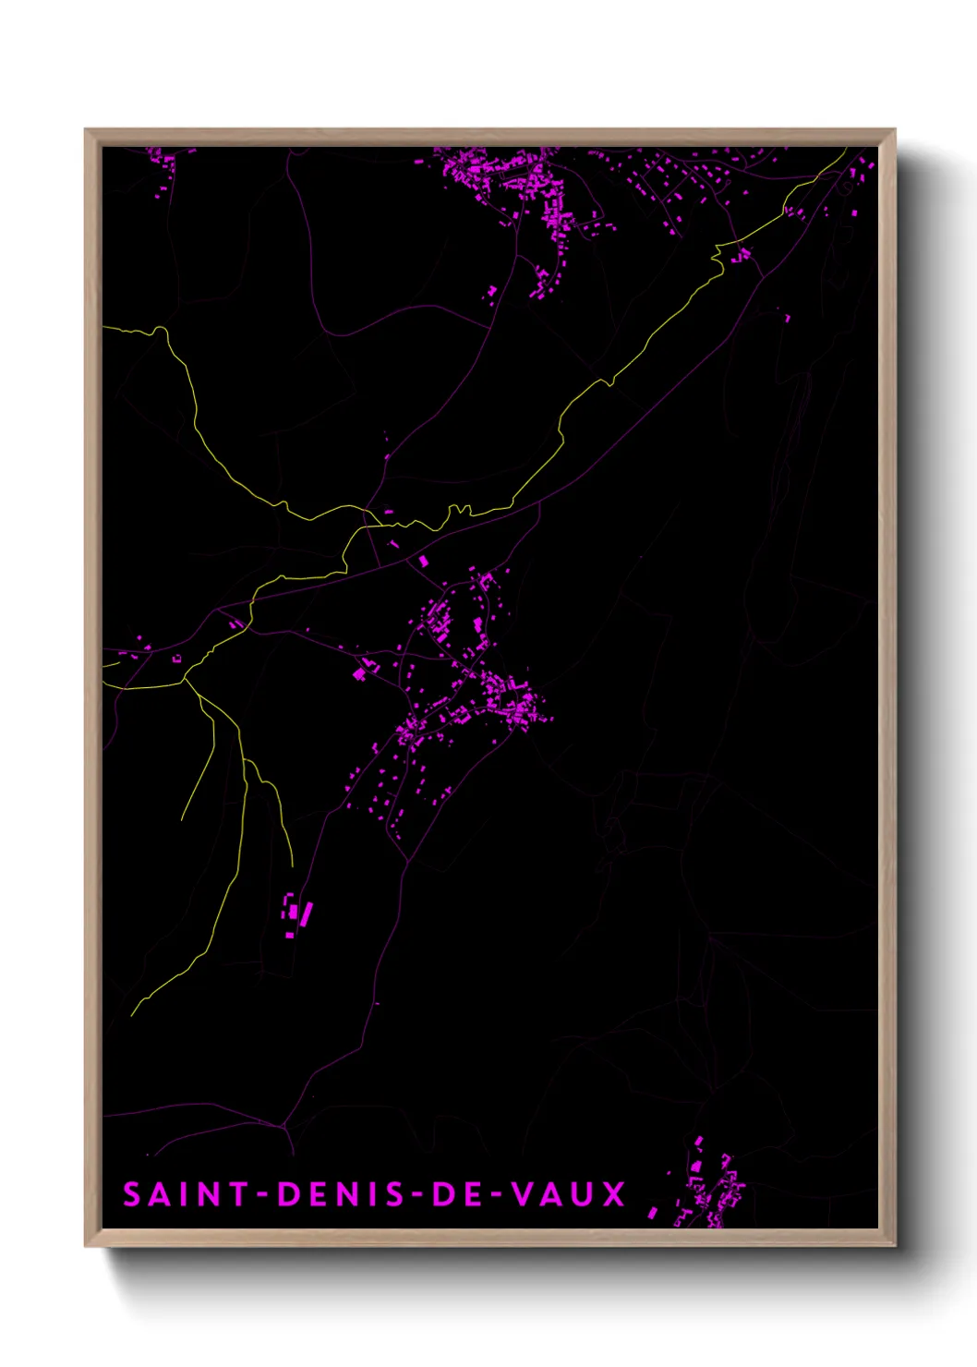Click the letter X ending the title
coord(614,1194)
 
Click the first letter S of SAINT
coord(132,1194)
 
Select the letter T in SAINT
coord(238,1194)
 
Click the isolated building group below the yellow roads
coord(296,913)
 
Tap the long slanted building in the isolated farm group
coord(307,913)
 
